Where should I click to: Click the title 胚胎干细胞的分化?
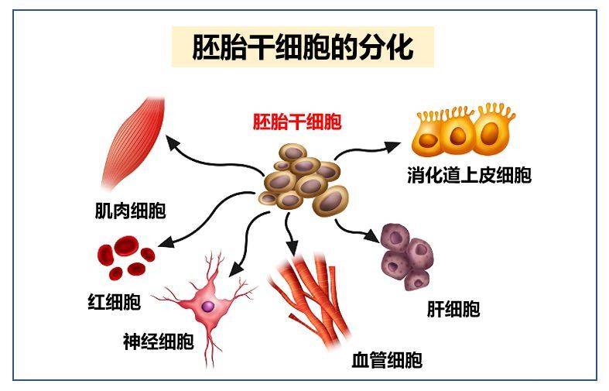click(x=303, y=47)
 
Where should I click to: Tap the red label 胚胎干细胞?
click(x=297, y=122)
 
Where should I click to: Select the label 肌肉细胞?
click(x=131, y=211)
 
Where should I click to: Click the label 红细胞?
click(x=115, y=302)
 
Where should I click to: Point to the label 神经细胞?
click(x=159, y=341)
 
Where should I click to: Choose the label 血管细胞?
click(x=387, y=359)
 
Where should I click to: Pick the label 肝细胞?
click(x=453, y=310)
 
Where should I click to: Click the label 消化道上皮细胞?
click(x=469, y=175)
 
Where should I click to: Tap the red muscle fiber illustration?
click(x=134, y=143)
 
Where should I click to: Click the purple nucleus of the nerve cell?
click(x=208, y=307)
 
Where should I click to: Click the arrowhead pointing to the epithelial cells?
click(x=392, y=146)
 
